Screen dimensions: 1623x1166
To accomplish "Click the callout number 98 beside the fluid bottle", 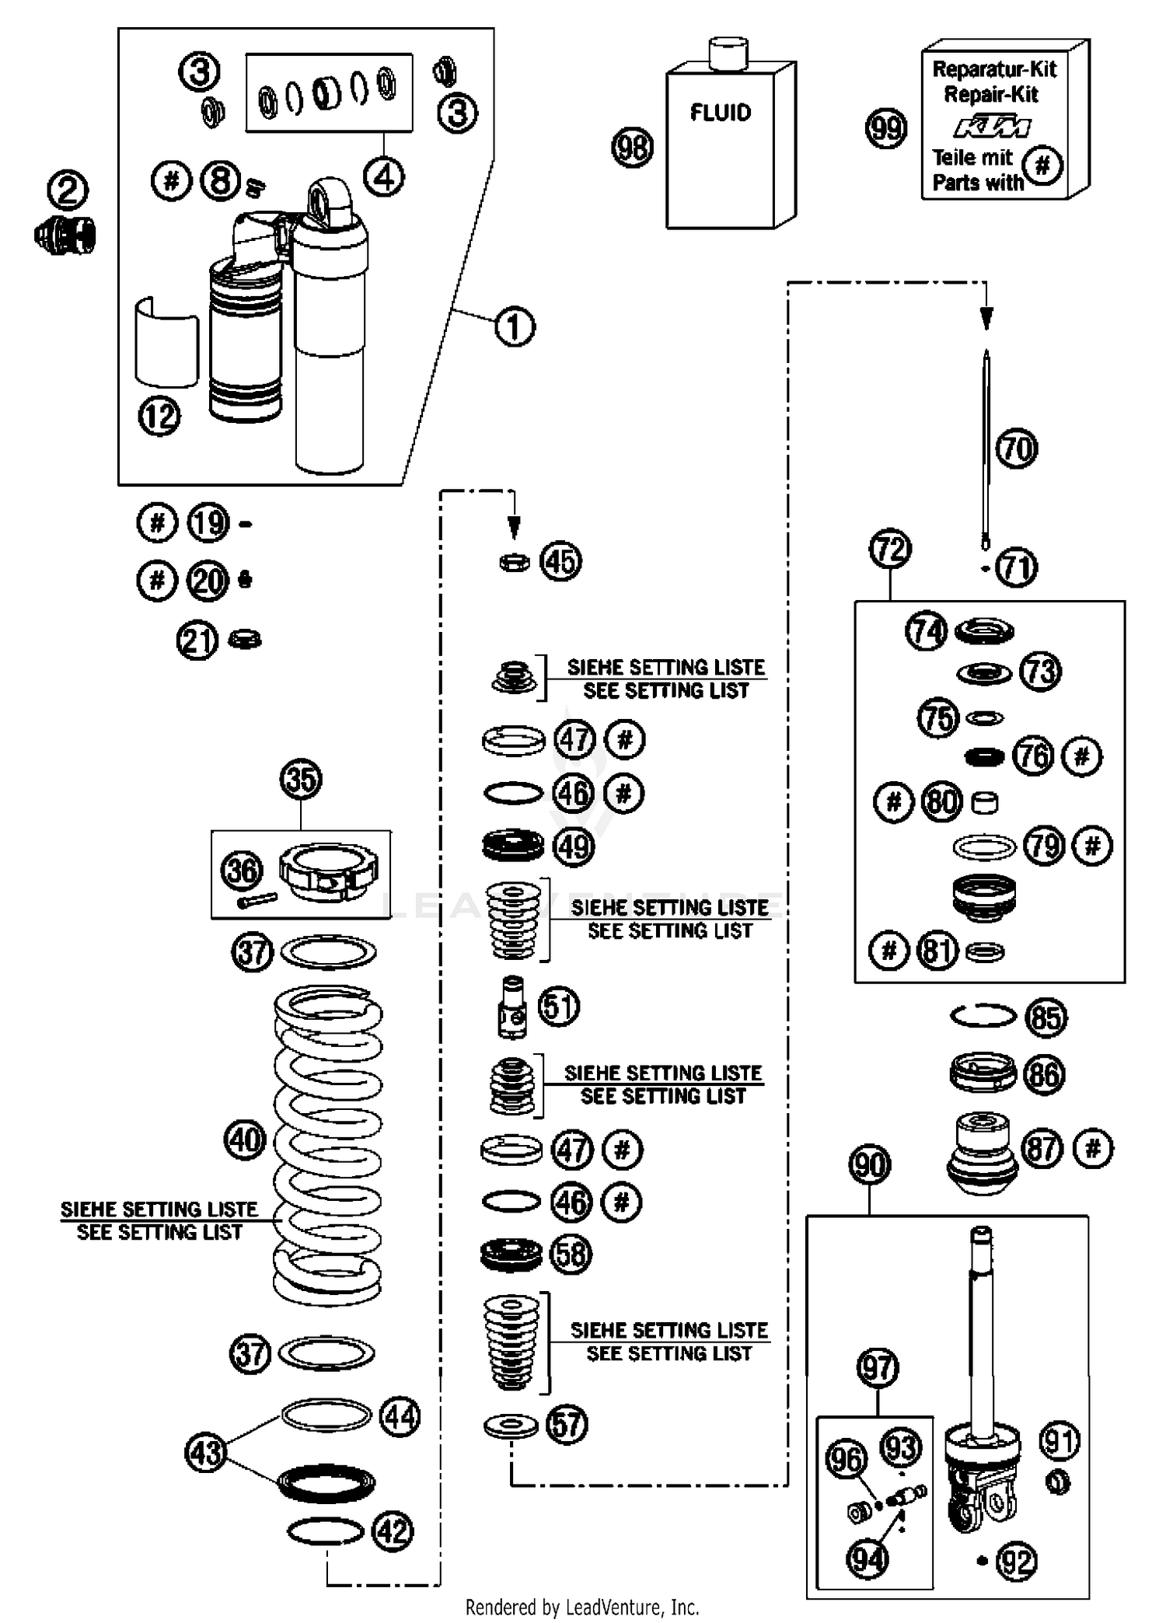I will [632, 147].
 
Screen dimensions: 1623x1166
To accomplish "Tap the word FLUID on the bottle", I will [721, 113].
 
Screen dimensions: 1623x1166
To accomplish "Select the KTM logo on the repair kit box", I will [992, 127].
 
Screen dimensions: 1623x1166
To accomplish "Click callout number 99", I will [885, 127].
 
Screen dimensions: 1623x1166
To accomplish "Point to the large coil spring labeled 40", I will [327, 1143].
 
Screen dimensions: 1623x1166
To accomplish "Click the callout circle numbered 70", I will [1016, 449].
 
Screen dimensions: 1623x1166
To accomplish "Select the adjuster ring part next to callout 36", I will [328, 871].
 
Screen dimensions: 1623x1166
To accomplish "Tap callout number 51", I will [559, 1006].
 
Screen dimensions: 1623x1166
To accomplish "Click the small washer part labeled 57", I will [510, 1426].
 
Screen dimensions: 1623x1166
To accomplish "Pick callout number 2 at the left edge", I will [68, 190].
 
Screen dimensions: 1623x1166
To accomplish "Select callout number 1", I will [515, 326].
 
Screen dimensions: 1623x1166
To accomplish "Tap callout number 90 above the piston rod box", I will [869, 1164].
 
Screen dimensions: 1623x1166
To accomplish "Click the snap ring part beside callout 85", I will [983, 1015].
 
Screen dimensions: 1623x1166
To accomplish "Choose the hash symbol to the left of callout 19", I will [157, 522].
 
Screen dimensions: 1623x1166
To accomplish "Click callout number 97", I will [878, 1367].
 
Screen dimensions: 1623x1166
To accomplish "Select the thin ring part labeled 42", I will [326, 1531].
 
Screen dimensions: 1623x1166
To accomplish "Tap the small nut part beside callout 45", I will [514, 561].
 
